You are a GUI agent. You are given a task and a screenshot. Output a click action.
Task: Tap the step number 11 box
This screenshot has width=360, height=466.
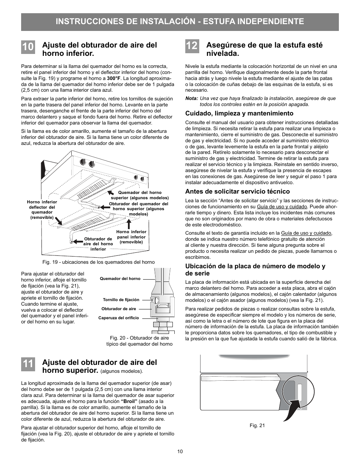(x=28, y=364)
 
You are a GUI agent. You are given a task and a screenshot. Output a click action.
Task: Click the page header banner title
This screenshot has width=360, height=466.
(x=180, y=22)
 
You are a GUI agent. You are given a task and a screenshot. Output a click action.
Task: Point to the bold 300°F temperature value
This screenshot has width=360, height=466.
(x=114, y=78)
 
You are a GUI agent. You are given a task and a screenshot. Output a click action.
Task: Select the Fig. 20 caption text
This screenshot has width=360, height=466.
(x=139, y=341)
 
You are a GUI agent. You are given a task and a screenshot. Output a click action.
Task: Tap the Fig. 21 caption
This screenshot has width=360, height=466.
(x=257, y=425)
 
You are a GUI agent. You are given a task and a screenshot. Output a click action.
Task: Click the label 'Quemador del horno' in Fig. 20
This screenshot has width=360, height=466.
(x=120, y=278)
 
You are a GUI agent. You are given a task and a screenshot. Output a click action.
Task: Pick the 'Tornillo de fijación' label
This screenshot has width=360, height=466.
(x=121, y=300)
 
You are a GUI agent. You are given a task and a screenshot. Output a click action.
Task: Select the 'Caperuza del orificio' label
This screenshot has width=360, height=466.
(x=118, y=318)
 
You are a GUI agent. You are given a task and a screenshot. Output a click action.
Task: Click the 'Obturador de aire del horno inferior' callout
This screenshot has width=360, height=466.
(x=98, y=244)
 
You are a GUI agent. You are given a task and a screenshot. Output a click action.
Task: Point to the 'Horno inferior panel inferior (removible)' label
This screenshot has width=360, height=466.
(x=131, y=237)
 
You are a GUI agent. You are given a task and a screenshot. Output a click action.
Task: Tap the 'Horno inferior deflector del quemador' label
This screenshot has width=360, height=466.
(x=42, y=210)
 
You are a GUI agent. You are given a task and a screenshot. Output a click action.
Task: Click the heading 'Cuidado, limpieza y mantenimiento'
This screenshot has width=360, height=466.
(x=239, y=113)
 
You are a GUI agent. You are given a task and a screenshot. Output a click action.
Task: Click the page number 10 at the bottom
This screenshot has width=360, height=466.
(x=180, y=452)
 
